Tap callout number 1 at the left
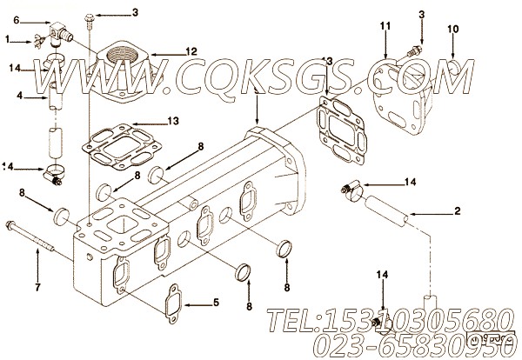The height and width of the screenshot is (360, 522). click(7, 39)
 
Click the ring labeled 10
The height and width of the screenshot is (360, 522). click(452, 66)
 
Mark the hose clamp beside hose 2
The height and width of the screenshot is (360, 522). click(350, 186)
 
